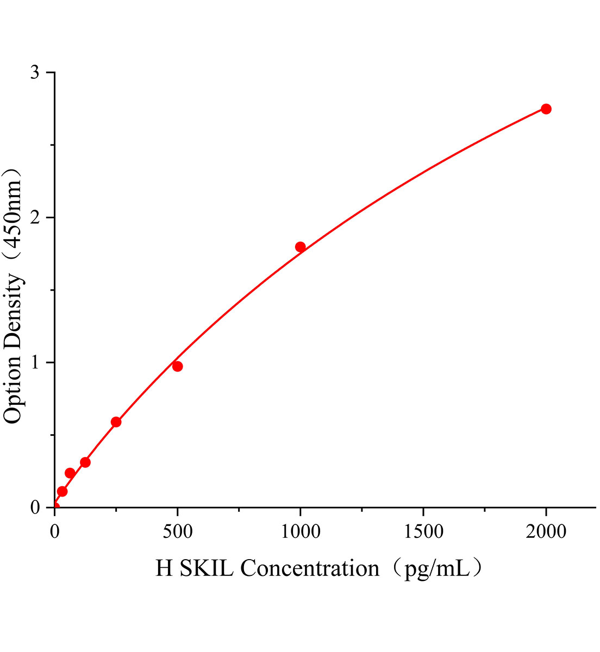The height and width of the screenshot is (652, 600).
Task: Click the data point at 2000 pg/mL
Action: point(546,109)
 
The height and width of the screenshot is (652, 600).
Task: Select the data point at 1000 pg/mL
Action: point(300,247)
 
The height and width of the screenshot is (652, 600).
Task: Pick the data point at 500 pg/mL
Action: point(177,366)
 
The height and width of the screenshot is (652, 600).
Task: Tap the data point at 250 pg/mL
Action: point(116,422)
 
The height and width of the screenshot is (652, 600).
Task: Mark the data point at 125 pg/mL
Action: point(85,462)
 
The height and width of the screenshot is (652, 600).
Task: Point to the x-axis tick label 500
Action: point(177,532)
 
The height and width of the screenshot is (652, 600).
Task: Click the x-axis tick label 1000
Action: point(300,532)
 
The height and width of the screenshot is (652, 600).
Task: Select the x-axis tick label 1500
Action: point(423,532)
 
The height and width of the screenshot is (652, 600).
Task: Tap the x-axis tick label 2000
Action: point(546,532)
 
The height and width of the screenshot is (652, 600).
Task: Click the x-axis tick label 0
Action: point(54,532)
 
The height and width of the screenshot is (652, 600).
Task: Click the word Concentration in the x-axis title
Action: point(310,568)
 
